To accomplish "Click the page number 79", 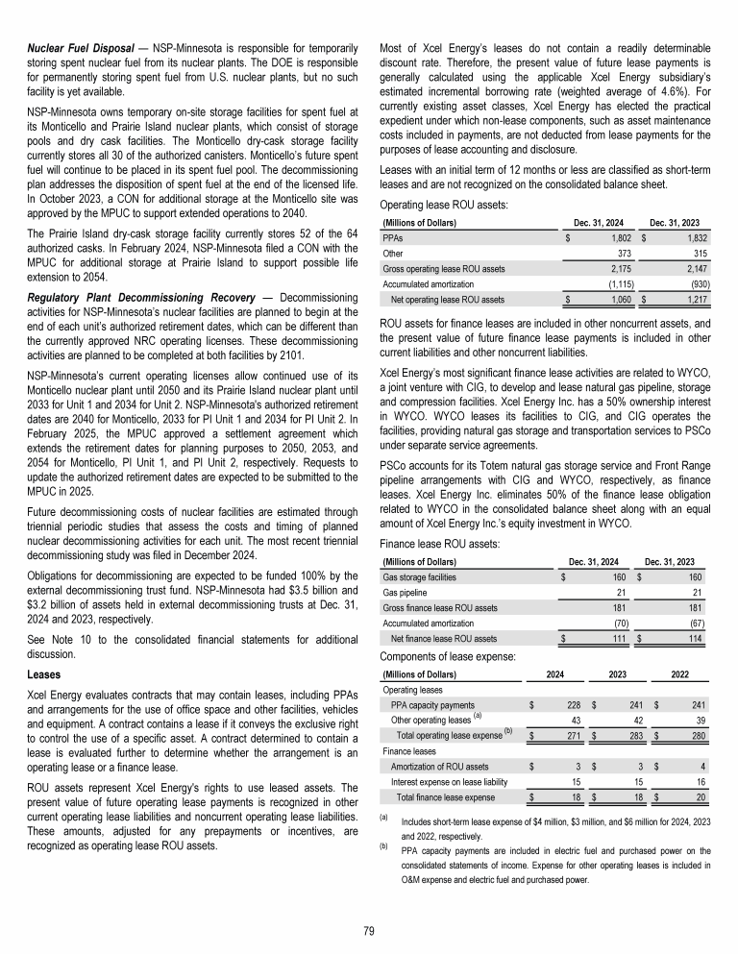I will (x=369, y=930).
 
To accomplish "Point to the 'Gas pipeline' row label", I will (x=406, y=592).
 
